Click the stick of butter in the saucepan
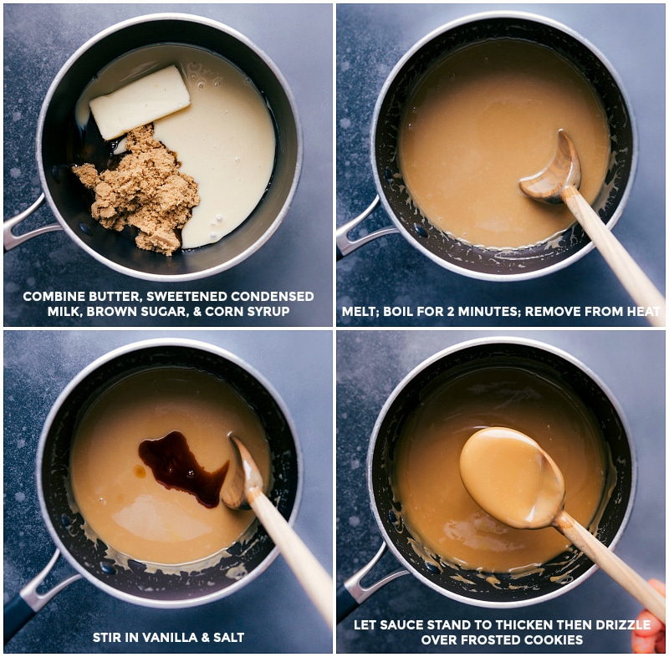coord(140,102)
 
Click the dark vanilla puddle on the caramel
coord(180,467)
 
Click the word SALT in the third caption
coord(228,638)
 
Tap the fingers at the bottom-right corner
coord(651,623)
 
